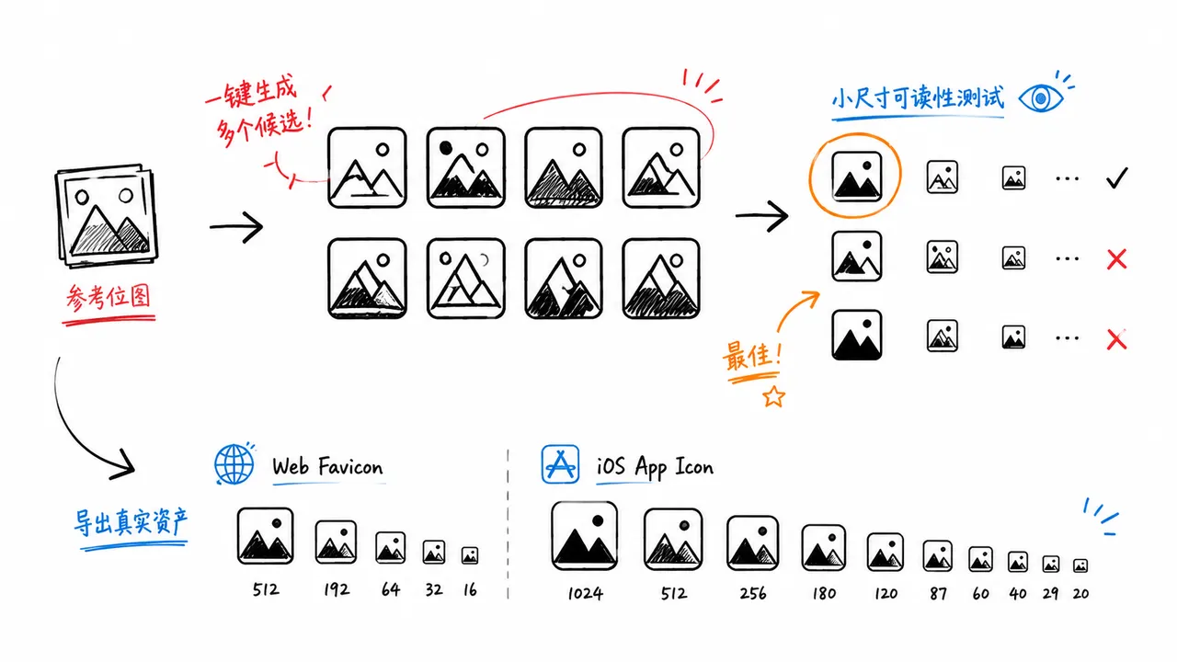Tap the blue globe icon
click(x=234, y=464)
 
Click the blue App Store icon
click(x=560, y=464)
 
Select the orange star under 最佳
click(x=773, y=396)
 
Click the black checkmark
click(x=1116, y=178)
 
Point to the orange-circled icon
click(x=856, y=177)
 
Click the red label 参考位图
click(x=109, y=297)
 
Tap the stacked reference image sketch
click(x=107, y=216)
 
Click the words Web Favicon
click(x=327, y=466)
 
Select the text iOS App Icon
click(x=656, y=467)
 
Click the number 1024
click(x=586, y=594)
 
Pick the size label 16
click(x=470, y=590)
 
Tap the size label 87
click(x=938, y=594)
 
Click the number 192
click(x=337, y=589)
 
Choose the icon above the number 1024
click(x=584, y=535)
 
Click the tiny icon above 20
click(x=1080, y=565)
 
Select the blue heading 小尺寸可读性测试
click(x=918, y=98)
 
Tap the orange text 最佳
click(x=752, y=356)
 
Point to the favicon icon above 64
click(x=391, y=547)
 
